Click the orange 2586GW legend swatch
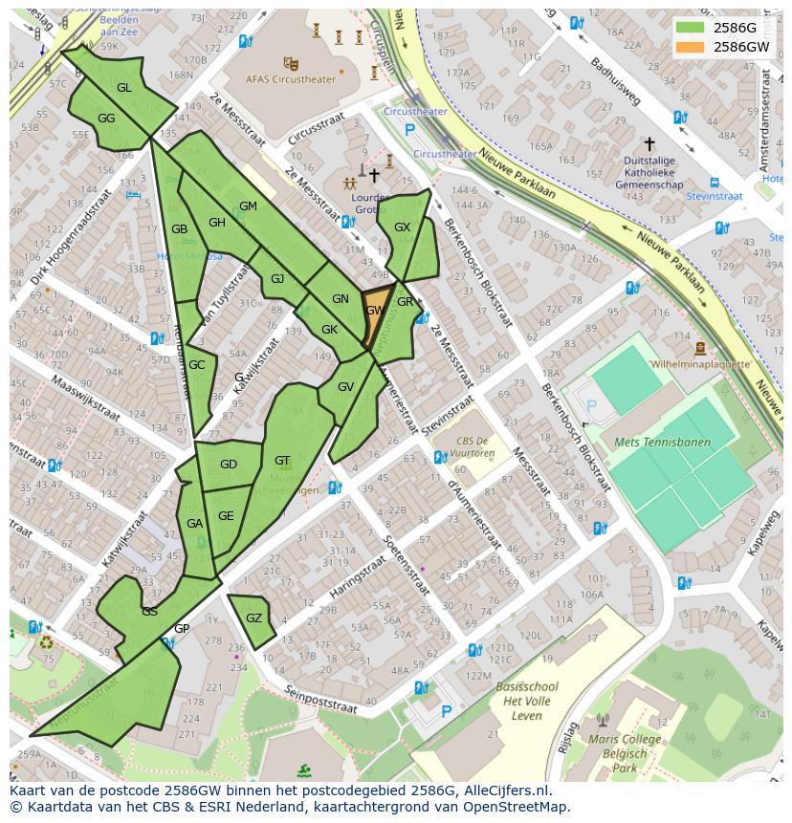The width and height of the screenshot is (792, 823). pos(693,47)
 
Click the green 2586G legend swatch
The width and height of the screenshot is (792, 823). pos(693,28)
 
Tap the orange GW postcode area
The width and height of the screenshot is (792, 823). pos(375,310)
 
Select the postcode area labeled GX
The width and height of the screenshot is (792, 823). pos(403,227)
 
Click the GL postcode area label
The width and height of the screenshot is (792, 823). pos(123,88)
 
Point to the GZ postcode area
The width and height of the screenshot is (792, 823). pos(253,618)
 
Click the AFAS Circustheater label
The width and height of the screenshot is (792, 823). pos(291,79)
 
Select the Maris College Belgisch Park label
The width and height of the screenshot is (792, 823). pos(626,753)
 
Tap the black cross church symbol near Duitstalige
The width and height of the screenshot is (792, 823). pos(649,144)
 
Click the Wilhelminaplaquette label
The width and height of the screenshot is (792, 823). pos(700,364)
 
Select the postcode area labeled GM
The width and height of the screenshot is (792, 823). pos(248,206)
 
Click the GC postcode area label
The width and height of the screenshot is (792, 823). pos(196,365)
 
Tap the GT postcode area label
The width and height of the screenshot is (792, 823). pos(282,461)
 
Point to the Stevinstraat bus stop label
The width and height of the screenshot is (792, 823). pos(715,196)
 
